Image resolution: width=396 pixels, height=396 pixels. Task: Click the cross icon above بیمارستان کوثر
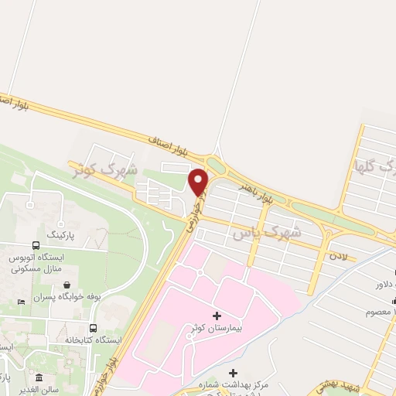click(x=216, y=316)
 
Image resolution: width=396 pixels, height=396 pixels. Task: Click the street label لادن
click(x=338, y=254)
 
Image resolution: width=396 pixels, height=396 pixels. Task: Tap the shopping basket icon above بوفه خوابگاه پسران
click(x=67, y=284)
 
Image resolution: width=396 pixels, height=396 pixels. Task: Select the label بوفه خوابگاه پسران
click(x=67, y=297)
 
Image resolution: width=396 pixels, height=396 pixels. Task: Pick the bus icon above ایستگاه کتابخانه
click(x=93, y=327)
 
